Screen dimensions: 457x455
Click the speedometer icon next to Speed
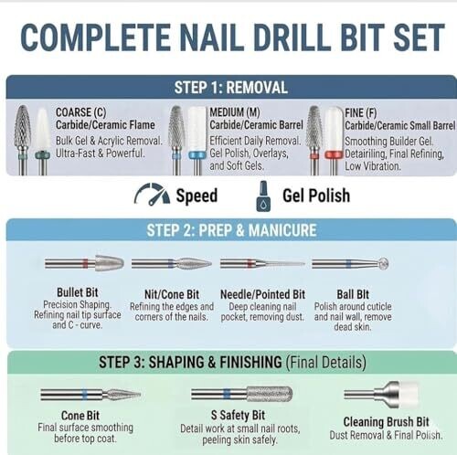click(x=152, y=194)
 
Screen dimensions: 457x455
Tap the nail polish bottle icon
click(x=263, y=196)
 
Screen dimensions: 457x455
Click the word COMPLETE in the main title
click(x=95, y=37)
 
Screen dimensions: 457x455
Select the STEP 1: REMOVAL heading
click(x=231, y=88)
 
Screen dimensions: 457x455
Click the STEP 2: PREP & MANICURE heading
click(x=231, y=230)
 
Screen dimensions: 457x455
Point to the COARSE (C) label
click(x=80, y=112)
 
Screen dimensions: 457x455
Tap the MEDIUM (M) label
click(x=235, y=112)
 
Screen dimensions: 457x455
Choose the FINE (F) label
click(x=361, y=112)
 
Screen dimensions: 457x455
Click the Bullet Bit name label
click(x=78, y=292)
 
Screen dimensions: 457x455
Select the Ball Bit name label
click(x=353, y=294)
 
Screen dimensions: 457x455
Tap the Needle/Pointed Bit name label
click(x=262, y=294)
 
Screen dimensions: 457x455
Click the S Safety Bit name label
click(x=238, y=415)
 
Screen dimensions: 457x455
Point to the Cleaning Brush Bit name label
click(x=386, y=422)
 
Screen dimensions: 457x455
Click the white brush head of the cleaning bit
click(x=409, y=395)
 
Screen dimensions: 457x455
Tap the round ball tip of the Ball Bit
click(x=383, y=263)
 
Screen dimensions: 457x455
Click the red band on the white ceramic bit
click(x=333, y=154)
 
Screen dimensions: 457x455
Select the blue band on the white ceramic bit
click(x=197, y=155)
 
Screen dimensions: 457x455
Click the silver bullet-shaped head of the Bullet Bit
click(x=110, y=263)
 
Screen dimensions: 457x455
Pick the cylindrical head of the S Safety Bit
click(x=270, y=394)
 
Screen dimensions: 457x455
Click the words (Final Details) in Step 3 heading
click(x=325, y=363)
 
